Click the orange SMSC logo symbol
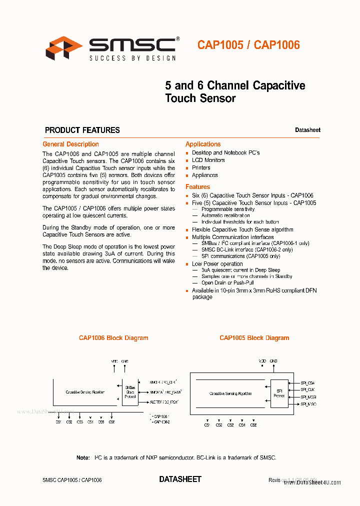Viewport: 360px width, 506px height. click(x=63, y=48)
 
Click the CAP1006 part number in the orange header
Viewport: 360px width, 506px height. click(x=277, y=45)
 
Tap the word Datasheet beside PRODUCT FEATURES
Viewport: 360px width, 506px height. click(x=307, y=130)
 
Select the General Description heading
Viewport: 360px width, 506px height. click(x=70, y=144)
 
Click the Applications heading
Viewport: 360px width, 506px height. click(x=203, y=144)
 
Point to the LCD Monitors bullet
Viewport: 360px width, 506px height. click(x=208, y=160)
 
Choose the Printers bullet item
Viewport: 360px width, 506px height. click(x=201, y=168)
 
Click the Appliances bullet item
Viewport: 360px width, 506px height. click(x=204, y=175)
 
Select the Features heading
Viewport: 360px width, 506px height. click(x=198, y=187)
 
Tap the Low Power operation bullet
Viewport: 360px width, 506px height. click(x=217, y=264)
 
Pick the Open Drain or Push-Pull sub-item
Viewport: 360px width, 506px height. click(x=227, y=283)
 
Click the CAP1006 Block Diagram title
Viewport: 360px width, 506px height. click(x=113, y=338)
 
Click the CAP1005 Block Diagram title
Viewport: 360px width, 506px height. click(x=254, y=338)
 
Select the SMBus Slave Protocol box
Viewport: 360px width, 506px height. click(x=130, y=392)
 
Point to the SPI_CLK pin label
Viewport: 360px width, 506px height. click(x=307, y=389)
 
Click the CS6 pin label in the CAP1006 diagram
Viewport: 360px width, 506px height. click(x=111, y=422)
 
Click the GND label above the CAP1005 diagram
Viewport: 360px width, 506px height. click(x=273, y=360)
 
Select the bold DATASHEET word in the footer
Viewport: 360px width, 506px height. click(x=180, y=479)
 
